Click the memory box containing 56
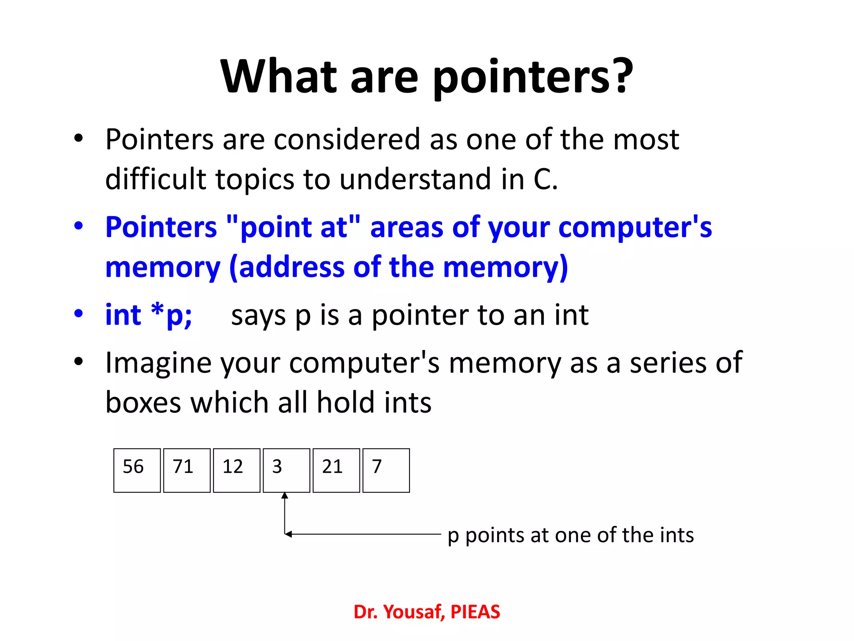click(137, 470)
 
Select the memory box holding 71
click(187, 470)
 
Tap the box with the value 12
click(236, 470)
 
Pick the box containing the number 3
click(286, 470)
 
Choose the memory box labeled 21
click(336, 470)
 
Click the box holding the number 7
click(386, 470)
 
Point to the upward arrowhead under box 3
click(285, 496)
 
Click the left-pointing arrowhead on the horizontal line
click(288, 534)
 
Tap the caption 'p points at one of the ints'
click(570, 535)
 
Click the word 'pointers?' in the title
click(533, 77)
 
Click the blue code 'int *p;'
click(148, 315)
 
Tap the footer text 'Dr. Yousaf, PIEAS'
click(427, 612)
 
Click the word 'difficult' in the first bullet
click(156, 179)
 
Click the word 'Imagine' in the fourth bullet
click(158, 363)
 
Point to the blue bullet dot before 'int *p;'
click(78, 313)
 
